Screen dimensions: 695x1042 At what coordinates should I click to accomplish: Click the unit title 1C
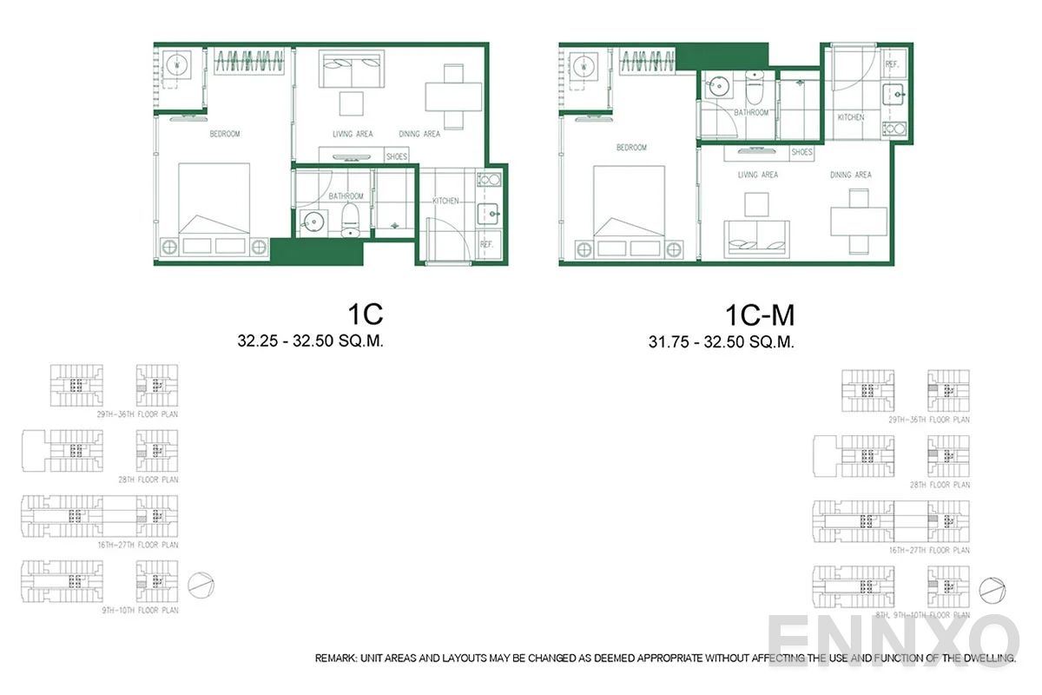[364, 313]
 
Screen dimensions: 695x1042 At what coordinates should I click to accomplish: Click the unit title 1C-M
[760, 313]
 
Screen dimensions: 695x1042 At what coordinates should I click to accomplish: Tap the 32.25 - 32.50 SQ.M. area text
[311, 341]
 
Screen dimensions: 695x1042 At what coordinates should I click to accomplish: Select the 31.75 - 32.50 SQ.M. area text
[722, 342]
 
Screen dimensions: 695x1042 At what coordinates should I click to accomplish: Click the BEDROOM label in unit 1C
[225, 135]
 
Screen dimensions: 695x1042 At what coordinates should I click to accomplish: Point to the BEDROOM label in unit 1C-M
[631, 148]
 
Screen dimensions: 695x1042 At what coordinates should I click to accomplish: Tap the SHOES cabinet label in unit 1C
[397, 157]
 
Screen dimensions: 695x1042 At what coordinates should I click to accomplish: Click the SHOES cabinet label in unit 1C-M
[802, 153]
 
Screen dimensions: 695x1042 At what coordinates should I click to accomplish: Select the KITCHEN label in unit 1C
[446, 202]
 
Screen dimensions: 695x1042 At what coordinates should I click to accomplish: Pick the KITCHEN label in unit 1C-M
[851, 117]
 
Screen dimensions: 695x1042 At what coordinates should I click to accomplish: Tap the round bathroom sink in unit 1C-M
[717, 87]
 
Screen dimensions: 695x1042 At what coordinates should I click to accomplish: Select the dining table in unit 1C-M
[859, 221]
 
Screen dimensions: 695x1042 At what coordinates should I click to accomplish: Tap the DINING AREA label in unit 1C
[419, 135]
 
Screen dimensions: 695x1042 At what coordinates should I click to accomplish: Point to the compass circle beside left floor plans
[200, 584]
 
